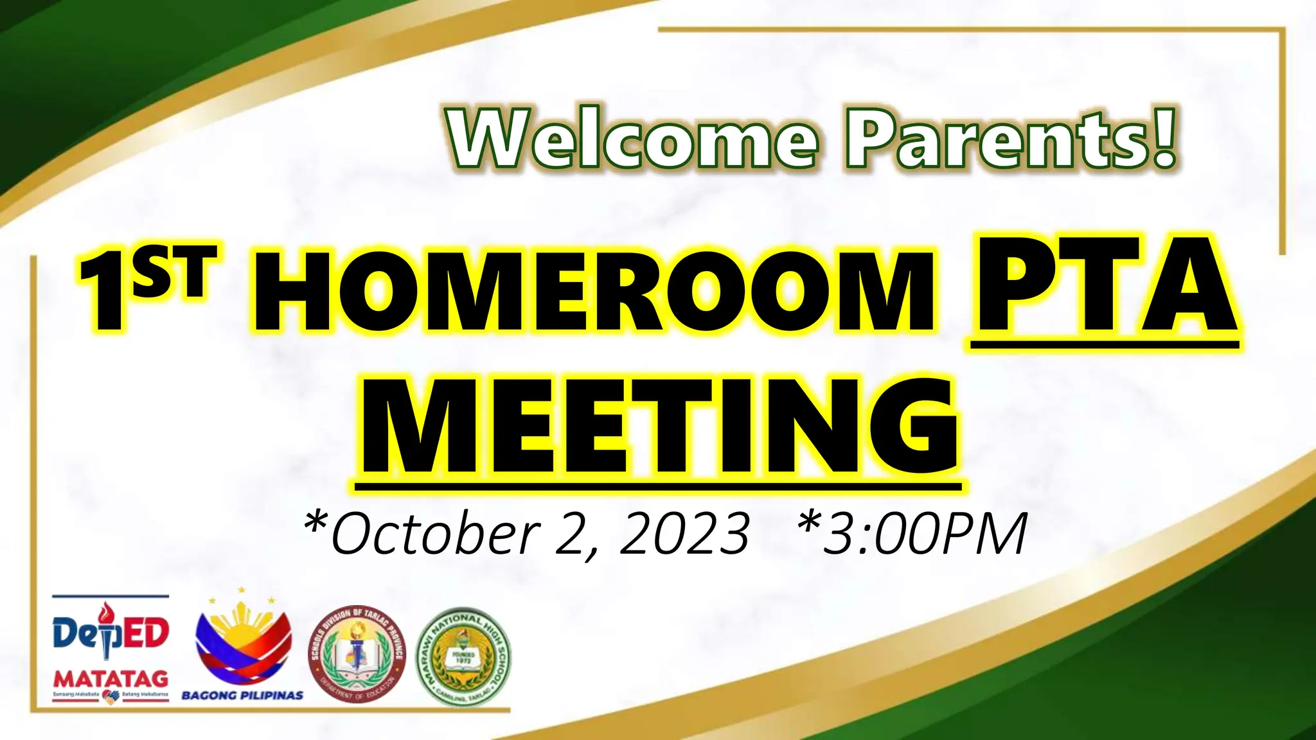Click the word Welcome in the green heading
coord(634,138)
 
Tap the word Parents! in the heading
coord(1011,138)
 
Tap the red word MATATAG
coord(111,679)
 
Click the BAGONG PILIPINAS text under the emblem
coord(242,695)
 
